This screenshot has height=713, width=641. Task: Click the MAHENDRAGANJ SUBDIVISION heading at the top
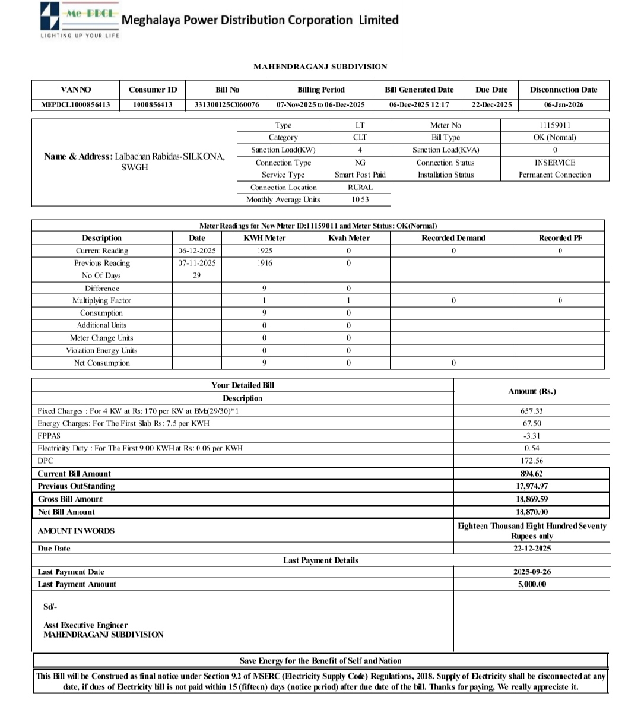click(320, 66)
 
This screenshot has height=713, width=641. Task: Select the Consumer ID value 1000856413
click(153, 104)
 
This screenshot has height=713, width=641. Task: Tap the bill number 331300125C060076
click(227, 104)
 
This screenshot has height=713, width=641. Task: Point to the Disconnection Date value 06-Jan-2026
click(563, 104)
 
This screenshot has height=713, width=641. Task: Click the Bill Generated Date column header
click(419, 90)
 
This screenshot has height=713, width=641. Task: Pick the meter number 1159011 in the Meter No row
click(556, 125)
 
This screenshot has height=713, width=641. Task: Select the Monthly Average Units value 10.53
click(360, 199)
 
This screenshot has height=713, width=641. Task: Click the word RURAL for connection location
click(360, 187)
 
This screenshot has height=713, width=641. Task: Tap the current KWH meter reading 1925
click(264, 251)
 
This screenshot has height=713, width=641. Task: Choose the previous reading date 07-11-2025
click(197, 263)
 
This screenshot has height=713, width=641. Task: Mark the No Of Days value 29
click(196, 275)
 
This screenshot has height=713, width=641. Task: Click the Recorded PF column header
click(560, 238)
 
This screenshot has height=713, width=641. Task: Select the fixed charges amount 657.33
click(531, 411)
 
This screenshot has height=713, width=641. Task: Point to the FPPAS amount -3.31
click(531, 436)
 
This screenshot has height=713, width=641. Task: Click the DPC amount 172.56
click(531, 461)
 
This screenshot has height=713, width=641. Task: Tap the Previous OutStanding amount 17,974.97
click(531, 486)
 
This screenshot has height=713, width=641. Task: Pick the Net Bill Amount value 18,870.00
click(531, 512)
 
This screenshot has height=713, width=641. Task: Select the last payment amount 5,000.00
click(531, 584)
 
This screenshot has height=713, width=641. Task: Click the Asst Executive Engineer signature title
click(85, 625)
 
